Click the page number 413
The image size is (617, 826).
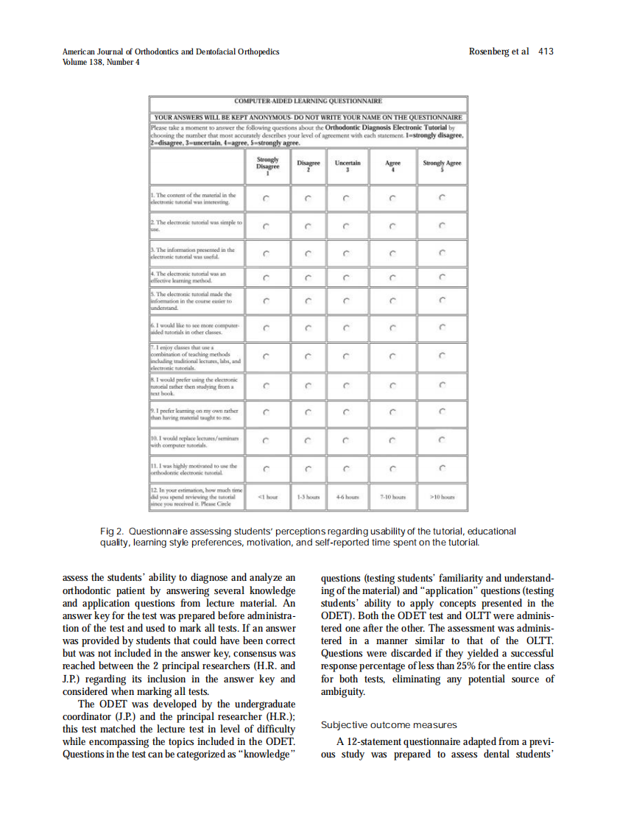546,52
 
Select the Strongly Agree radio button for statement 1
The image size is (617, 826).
442,197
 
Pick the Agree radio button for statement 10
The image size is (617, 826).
393,442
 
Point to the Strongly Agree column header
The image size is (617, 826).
442,165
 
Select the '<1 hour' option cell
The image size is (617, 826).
267,496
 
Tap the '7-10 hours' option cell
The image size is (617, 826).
393,496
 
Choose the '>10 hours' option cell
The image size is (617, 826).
442,496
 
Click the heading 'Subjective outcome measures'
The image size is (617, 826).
389,725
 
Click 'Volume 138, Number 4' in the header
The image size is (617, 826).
102,62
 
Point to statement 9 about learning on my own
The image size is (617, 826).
196,413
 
